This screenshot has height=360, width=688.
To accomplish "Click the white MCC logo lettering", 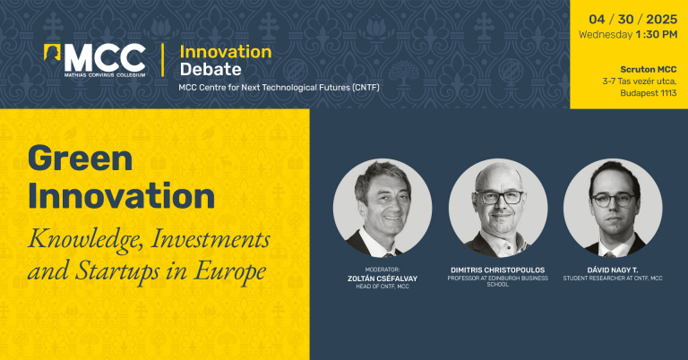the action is click(x=105, y=57).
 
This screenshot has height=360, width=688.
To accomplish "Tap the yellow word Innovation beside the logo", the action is click(x=226, y=52).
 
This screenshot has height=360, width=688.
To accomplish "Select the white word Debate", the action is click(x=211, y=69).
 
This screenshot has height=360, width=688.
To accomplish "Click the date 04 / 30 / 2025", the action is click(x=632, y=20).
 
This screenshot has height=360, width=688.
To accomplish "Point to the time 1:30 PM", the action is click(x=657, y=35).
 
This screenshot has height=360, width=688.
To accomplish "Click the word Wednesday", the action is click(x=606, y=35).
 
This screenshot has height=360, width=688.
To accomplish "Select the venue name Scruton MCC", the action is click(x=649, y=69).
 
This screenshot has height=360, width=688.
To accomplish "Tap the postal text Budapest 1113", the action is click(x=649, y=93).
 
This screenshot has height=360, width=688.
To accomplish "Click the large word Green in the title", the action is click(x=81, y=159).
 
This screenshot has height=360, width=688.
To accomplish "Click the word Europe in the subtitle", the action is click(x=230, y=272).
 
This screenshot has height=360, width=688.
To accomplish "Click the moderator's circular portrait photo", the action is click(x=383, y=208).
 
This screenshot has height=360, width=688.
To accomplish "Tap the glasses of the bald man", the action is click(x=499, y=197).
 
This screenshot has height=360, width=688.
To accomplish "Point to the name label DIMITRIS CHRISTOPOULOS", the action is click(x=497, y=270).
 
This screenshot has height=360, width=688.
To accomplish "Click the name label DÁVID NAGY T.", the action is click(x=613, y=270).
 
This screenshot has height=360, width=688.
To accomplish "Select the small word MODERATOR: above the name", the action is click(x=383, y=270).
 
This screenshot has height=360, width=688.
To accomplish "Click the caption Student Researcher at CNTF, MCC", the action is click(x=613, y=278).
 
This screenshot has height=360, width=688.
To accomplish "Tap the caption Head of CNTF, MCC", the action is click(x=383, y=287).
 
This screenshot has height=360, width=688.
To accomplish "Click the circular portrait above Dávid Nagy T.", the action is click(x=613, y=208).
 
